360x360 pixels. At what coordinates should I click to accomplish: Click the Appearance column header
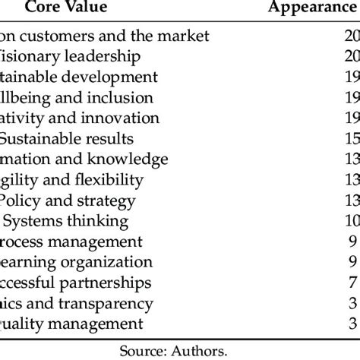click(x=314, y=9)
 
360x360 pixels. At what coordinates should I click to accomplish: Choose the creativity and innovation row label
click(x=80, y=118)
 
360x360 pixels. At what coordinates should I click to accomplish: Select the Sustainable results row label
click(x=68, y=138)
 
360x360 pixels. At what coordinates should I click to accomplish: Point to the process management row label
click(x=71, y=242)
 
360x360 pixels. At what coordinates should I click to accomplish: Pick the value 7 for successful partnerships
click(x=352, y=283)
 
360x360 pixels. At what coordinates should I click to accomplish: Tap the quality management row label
click(x=71, y=324)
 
